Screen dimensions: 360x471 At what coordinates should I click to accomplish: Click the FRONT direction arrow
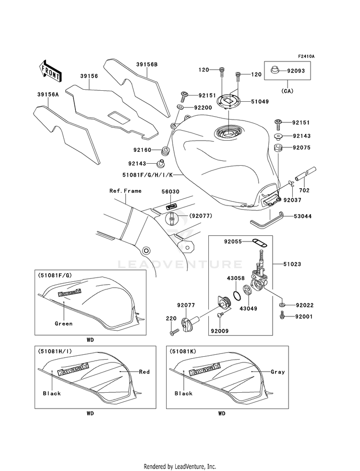point(50,71)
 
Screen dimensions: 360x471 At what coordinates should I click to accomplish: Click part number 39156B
point(147,64)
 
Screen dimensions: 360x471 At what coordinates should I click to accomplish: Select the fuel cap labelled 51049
point(229,101)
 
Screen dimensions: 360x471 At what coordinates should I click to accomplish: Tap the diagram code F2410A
point(306,56)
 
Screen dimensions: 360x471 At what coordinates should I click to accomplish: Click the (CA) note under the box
point(288,91)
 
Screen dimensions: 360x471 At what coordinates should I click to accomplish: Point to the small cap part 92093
point(274,70)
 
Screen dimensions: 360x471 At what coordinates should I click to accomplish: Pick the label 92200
point(203,108)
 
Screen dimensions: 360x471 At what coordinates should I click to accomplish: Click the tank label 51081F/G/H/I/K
point(148,174)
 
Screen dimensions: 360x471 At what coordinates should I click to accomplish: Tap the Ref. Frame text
point(125,191)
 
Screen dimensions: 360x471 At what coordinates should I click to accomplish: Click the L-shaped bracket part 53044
point(267,218)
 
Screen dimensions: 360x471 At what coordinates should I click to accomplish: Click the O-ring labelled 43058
point(237,296)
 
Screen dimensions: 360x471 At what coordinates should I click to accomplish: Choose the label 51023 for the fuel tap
point(292,264)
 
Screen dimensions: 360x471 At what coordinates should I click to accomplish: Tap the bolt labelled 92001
point(282,315)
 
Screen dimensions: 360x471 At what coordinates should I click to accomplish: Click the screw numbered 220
point(174,332)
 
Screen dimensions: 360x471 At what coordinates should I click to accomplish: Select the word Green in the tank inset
point(64,324)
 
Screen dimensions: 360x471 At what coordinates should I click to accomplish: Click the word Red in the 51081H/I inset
point(144,372)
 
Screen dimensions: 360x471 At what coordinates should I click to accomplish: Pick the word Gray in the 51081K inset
point(278,372)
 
